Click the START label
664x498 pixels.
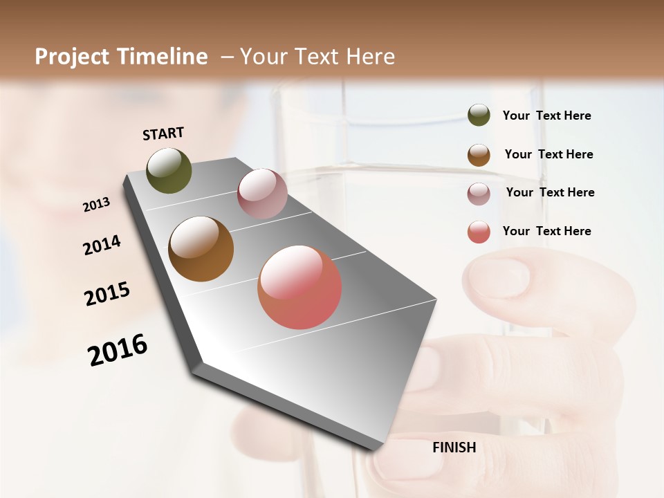coord(163,133)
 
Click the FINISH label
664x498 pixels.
coord(454,448)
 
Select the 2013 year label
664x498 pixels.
coord(97,204)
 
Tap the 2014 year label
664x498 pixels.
coord(102,245)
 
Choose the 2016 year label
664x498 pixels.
coord(118,349)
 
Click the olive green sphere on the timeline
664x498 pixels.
coord(169,170)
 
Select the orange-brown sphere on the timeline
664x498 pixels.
coord(201,249)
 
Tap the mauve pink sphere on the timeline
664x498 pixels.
coord(262,194)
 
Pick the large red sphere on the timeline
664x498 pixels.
coord(299,286)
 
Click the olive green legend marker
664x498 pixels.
coord(479,116)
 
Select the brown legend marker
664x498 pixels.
coord(479,155)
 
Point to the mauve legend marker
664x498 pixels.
coord(479,193)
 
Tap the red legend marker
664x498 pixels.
coord(479,232)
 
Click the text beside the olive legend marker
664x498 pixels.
coord(546,116)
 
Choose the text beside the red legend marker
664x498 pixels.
coord(546,231)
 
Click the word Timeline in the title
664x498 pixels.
coord(164,57)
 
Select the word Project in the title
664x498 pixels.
coord(73,57)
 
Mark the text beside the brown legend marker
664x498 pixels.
coord(548,154)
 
